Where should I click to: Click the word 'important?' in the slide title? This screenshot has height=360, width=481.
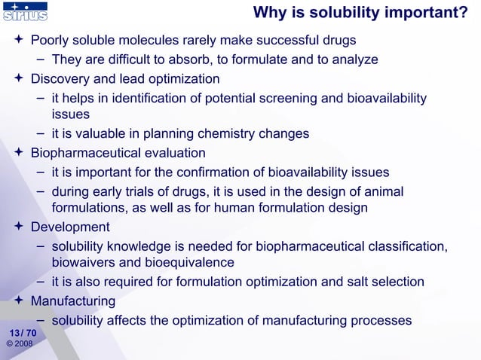(426, 12)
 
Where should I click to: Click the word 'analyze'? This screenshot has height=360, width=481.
(354, 59)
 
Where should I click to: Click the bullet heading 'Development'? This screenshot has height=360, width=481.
(70, 227)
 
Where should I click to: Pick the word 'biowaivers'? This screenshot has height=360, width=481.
(85, 262)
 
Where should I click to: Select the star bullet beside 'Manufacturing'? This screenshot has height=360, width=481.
(20, 301)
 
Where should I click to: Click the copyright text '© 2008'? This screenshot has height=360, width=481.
(19, 344)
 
